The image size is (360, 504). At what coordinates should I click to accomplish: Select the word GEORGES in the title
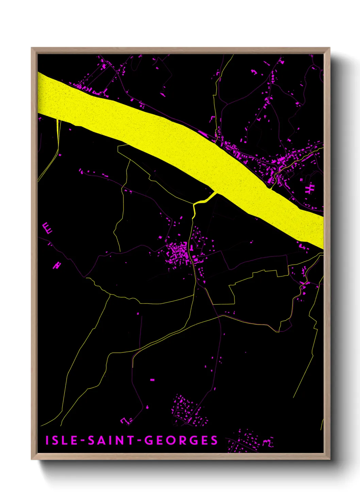coord(181,440)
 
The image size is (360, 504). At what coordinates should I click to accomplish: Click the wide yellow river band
coord(170,136)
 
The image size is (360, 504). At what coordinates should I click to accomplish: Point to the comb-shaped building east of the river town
coord(310,188)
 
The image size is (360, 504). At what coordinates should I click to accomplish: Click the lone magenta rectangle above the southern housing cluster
coord(152,379)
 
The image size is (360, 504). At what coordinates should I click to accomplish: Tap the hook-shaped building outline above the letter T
coord(126,421)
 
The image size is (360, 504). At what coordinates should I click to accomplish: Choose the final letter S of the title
coord(214,440)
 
